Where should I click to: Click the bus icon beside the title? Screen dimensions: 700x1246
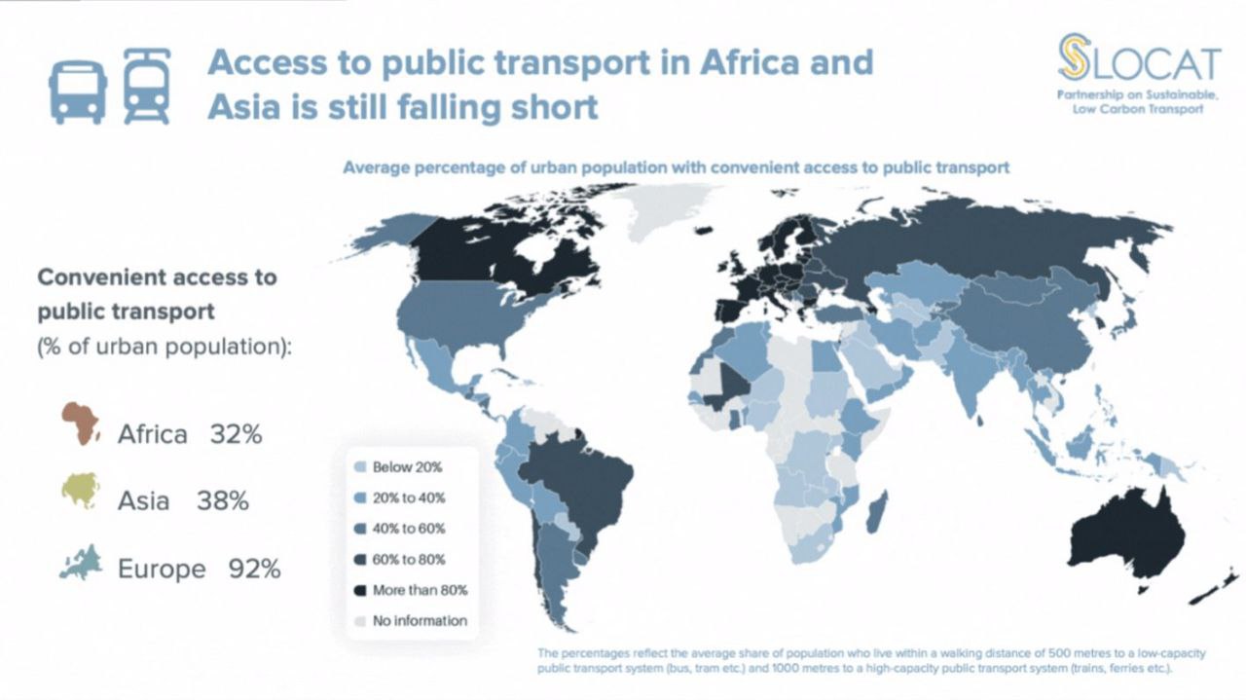[77, 88]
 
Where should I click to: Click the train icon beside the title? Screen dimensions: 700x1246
[147, 87]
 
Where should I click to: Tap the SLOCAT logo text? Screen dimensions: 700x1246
[1138, 62]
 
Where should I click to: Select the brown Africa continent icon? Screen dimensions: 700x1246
[82, 424]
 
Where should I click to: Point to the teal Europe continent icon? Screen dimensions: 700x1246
[81, 563]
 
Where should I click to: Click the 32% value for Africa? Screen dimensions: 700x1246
[236, 434]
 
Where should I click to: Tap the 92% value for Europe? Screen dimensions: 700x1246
[254, 569]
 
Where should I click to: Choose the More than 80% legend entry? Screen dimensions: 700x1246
[420, 590]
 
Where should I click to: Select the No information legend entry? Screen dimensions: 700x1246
[419, 620]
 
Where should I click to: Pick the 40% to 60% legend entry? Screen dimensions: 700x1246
[409, 529]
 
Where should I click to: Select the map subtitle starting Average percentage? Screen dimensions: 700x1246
[676, 167]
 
